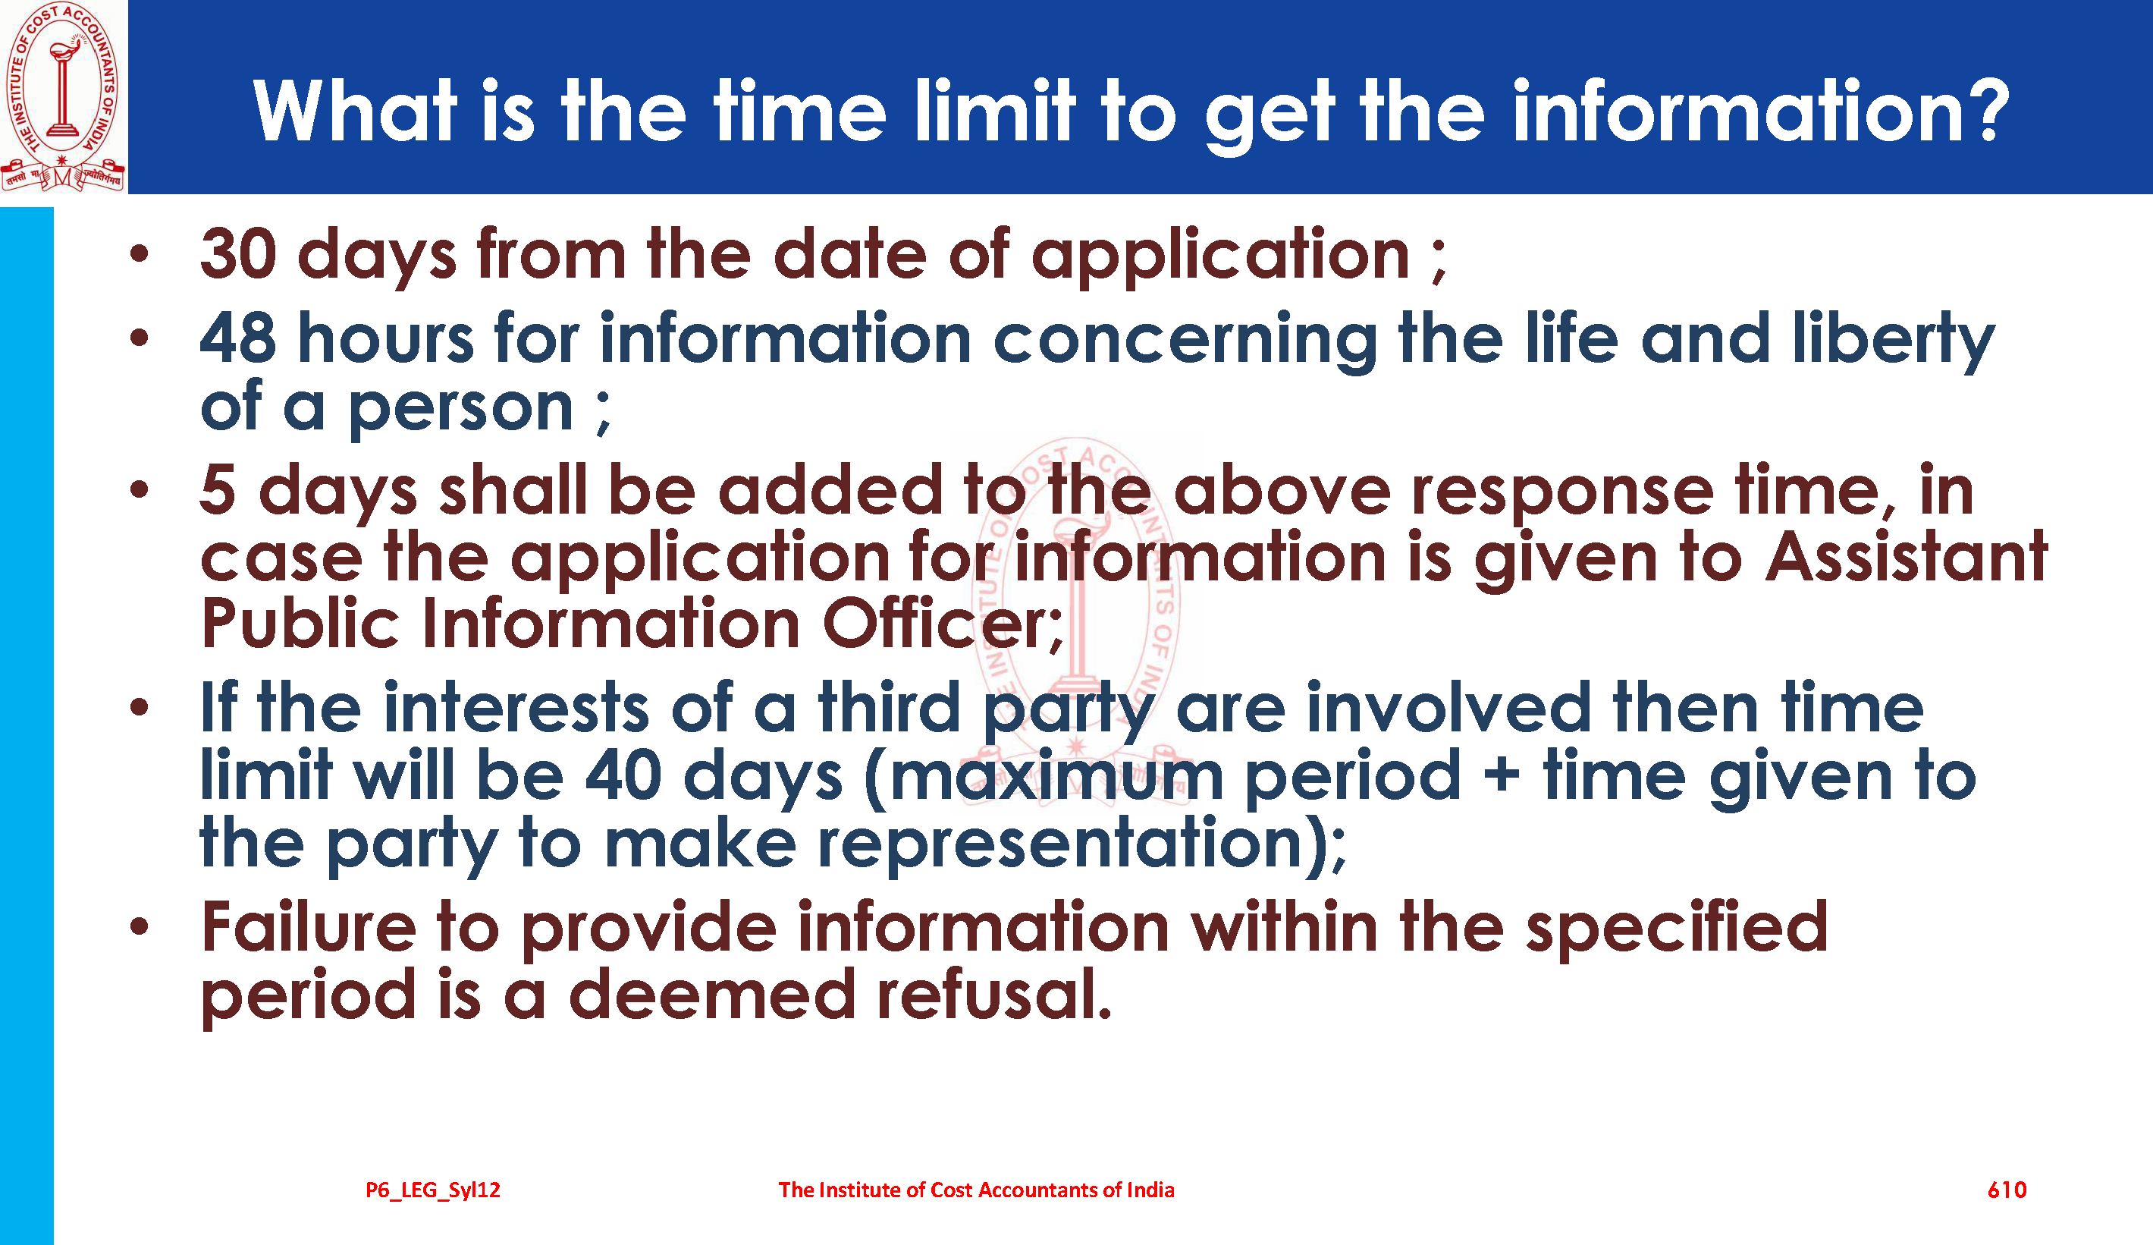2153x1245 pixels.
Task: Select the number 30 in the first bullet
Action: coord(238,254)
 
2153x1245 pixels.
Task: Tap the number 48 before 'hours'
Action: coord(238,338)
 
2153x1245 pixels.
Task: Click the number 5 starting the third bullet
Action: coord(218,490)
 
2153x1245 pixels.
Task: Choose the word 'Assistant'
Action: coord(1906,556)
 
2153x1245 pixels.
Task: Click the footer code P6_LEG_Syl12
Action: coord(433,1190)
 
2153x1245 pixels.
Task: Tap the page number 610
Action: coord(2007,1190)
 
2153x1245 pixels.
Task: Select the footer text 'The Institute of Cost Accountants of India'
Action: coord(976,1190)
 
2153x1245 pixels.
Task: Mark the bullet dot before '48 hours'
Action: coord(140,338)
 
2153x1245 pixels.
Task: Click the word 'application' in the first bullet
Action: coord(1220,257)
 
